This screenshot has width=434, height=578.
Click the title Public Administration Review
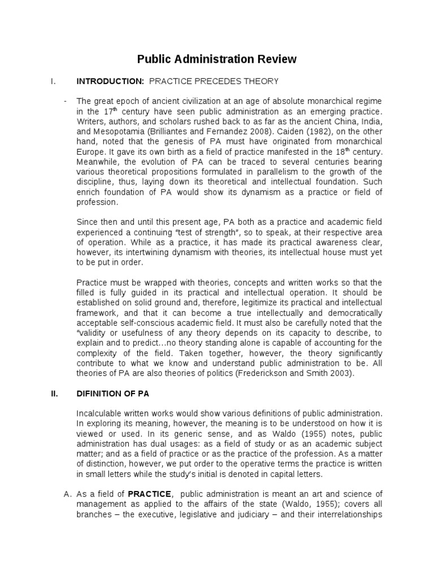tap(217, 59)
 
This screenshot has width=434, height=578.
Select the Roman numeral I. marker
tap(53, 82)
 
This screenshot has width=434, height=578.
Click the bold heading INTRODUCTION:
tap(105, 82)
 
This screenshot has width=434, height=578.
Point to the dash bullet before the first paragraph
tap(66, 101)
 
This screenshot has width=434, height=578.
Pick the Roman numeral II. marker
tap(54, 393)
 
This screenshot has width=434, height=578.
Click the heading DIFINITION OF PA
tap(110, 393)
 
